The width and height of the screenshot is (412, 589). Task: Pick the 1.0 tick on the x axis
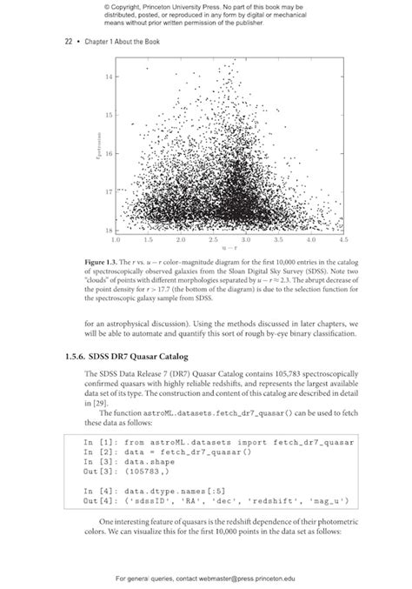click(116, 238)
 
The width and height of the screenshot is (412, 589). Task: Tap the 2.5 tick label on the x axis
click(214, 238)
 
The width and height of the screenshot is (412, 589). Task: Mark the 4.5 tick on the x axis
click(344, 238)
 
